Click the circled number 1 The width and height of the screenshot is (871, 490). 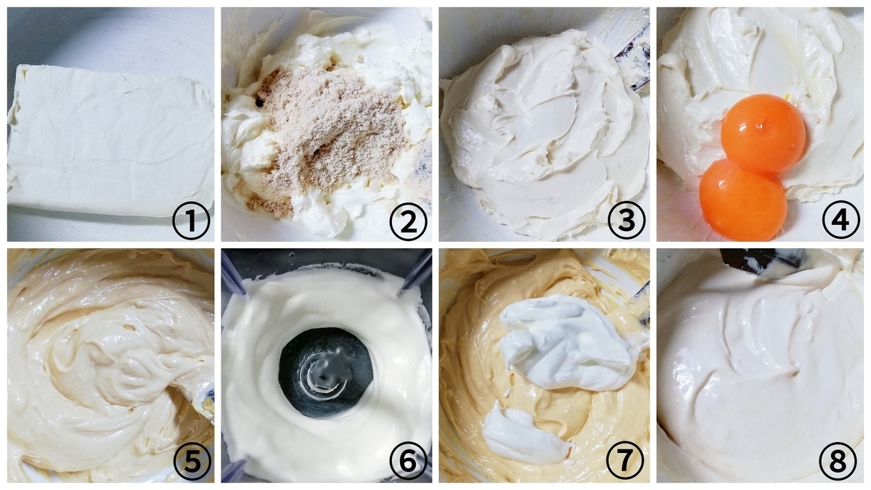point(191,221)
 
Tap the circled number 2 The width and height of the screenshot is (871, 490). point(408,221)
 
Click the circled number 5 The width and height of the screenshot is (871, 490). point(192,462)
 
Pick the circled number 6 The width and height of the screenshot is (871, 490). point(408,462)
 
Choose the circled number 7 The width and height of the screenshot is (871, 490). point(625,462)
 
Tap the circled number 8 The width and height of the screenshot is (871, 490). point(838,462)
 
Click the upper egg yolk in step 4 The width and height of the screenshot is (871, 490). point(763,134)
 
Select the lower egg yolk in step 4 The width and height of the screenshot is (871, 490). point(743,200)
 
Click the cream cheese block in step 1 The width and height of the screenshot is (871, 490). point(111,140)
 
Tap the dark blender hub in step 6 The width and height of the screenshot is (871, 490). point(326,373)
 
